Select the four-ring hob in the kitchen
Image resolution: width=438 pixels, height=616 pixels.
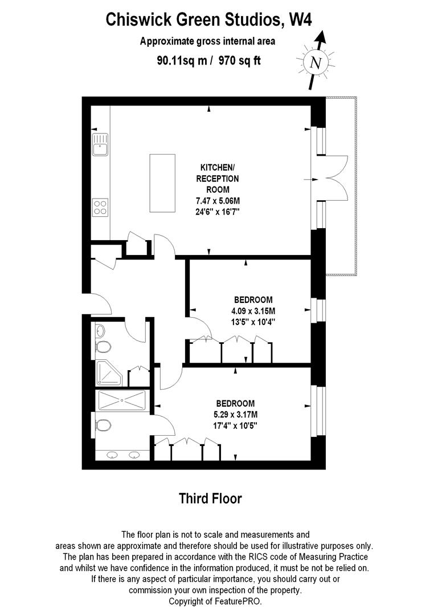(x=101, y=206)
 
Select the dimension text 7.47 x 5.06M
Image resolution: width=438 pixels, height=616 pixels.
(x=217, y=200)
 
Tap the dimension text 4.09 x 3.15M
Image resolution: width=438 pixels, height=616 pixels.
(x=253, y=311)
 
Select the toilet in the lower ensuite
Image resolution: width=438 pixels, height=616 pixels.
(x=104, y=425)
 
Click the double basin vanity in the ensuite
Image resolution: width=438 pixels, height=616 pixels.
(x=123, y=455)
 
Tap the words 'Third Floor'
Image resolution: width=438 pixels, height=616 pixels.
(x=211, y=498)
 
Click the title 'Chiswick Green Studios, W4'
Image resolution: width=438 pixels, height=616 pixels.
(x=210, y=21)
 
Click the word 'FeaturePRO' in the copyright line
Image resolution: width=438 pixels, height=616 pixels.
(x=238, y=601)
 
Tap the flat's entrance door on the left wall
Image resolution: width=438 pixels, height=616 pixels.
(x=93, y=302)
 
